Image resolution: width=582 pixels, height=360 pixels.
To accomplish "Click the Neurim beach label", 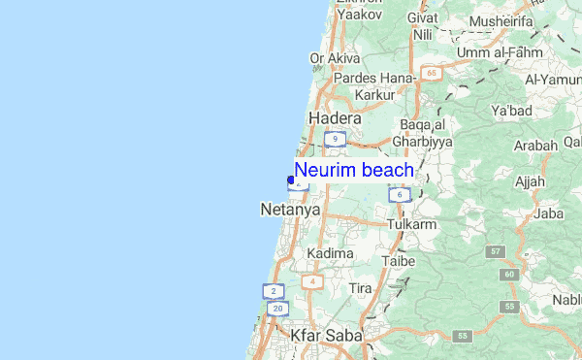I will pyautogui.click(x=355, y=171).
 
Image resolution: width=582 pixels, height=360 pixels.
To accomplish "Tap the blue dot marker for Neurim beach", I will pyautogui.click(x=291, y=180).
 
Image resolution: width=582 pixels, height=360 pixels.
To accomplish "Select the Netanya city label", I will pyautogui.click(x=284, y=208).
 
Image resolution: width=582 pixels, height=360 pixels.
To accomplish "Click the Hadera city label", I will pyautogui.click(x=334, y=117).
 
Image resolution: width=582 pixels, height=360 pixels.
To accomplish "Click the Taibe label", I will pyautogui.click(x=399, y=261).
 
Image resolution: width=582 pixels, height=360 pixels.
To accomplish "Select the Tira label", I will pyautogui.click(x=360, y=289).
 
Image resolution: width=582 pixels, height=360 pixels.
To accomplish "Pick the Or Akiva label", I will pyautogui.click(x=335, y=58).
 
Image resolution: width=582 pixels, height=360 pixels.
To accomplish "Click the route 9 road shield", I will pyautogui.click(x=336, y=140).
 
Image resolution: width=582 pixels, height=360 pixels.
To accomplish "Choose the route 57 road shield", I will pyautogui.click(x=497, y=251).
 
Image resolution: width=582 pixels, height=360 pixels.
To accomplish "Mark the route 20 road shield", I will pyautogui.click(x=278, y=309).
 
